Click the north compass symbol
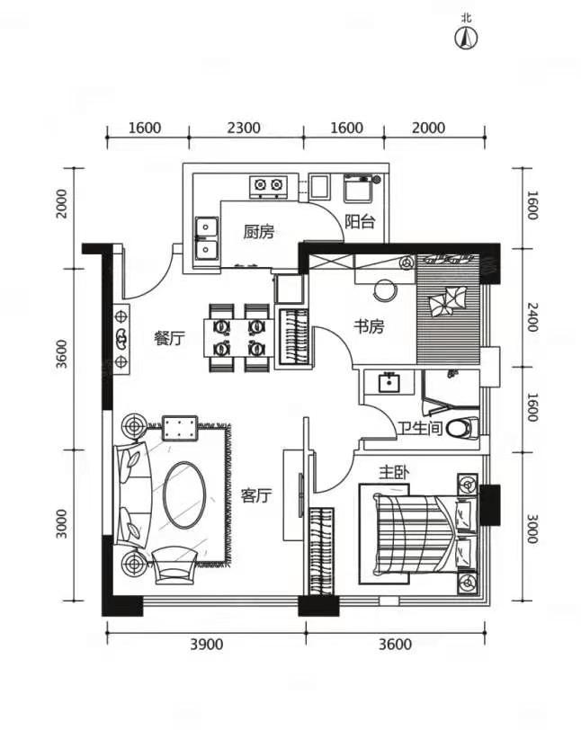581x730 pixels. (466, 38)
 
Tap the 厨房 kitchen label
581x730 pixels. (259, 231)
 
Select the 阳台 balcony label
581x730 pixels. (360, 221)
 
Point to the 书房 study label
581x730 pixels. (369, 327)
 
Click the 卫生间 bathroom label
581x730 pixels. (420, 428)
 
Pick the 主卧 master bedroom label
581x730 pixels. (394, 473)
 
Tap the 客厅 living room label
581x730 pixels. (255, 496)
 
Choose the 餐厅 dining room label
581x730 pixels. (169, 338)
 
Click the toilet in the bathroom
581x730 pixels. (462, 428)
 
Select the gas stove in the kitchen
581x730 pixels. (268, 186)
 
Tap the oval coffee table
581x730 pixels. (184, 494)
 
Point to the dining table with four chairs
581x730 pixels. (238, 338)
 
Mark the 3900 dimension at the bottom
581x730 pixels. (206, 645)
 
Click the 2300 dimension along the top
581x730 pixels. (244, 128)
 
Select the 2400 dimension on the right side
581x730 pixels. (532, 317)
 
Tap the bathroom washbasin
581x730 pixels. (389, 382)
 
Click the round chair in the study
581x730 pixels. (385, 290)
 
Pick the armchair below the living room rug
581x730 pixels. (175, 565)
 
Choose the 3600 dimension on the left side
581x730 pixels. (61, 355)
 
